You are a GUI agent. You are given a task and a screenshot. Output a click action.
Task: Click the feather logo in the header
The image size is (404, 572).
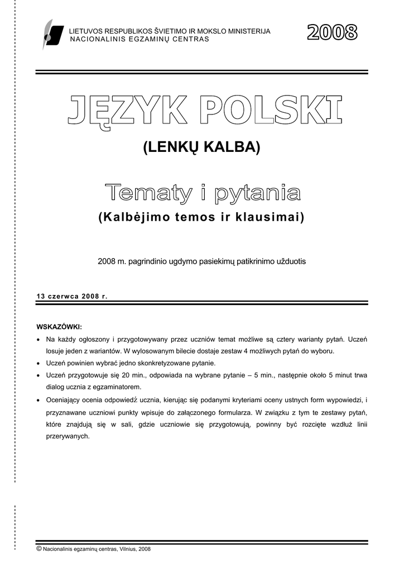[49, 35]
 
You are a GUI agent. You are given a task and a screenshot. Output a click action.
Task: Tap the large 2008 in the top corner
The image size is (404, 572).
[332, 33]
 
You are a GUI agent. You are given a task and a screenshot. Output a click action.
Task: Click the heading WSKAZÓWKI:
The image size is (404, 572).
[59, 326]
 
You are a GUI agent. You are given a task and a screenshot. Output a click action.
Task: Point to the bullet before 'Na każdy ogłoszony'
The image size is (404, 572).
[37, 340]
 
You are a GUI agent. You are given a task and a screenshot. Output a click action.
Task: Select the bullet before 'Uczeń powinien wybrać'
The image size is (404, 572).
[37, 363]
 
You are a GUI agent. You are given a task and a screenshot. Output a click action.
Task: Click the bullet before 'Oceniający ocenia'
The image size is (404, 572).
[37, 400]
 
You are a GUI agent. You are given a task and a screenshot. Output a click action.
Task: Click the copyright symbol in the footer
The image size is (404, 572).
[39, 549]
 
